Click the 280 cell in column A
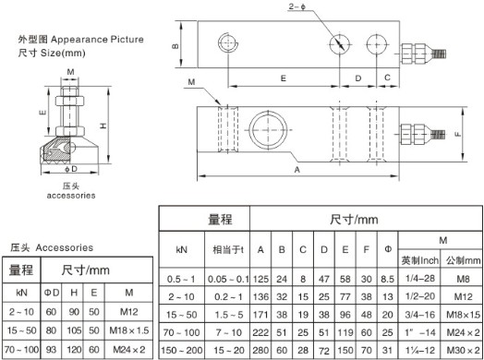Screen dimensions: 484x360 tap(260, 350)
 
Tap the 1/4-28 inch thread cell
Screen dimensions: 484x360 tap(420, 278)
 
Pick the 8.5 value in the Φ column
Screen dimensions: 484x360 tap(387, 279)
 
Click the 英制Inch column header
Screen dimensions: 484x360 tap(419, 260)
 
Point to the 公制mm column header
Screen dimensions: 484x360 tap(463, 260)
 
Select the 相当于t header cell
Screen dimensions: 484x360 tap(228, 249)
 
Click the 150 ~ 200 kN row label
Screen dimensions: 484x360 tap(181, 350)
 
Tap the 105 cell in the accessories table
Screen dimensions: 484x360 tap(74, 330)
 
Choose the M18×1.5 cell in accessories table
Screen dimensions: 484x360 tap(129, 330)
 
